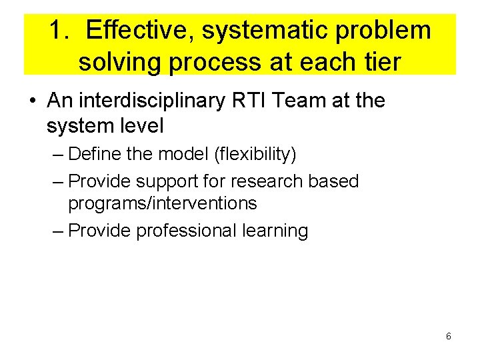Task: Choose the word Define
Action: (95, 155)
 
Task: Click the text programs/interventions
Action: (163, 203)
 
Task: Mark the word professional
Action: (186, 231)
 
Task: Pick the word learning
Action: (275, 231)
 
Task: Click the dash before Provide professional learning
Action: (57, 231)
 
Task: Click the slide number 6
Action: (448, 337)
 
